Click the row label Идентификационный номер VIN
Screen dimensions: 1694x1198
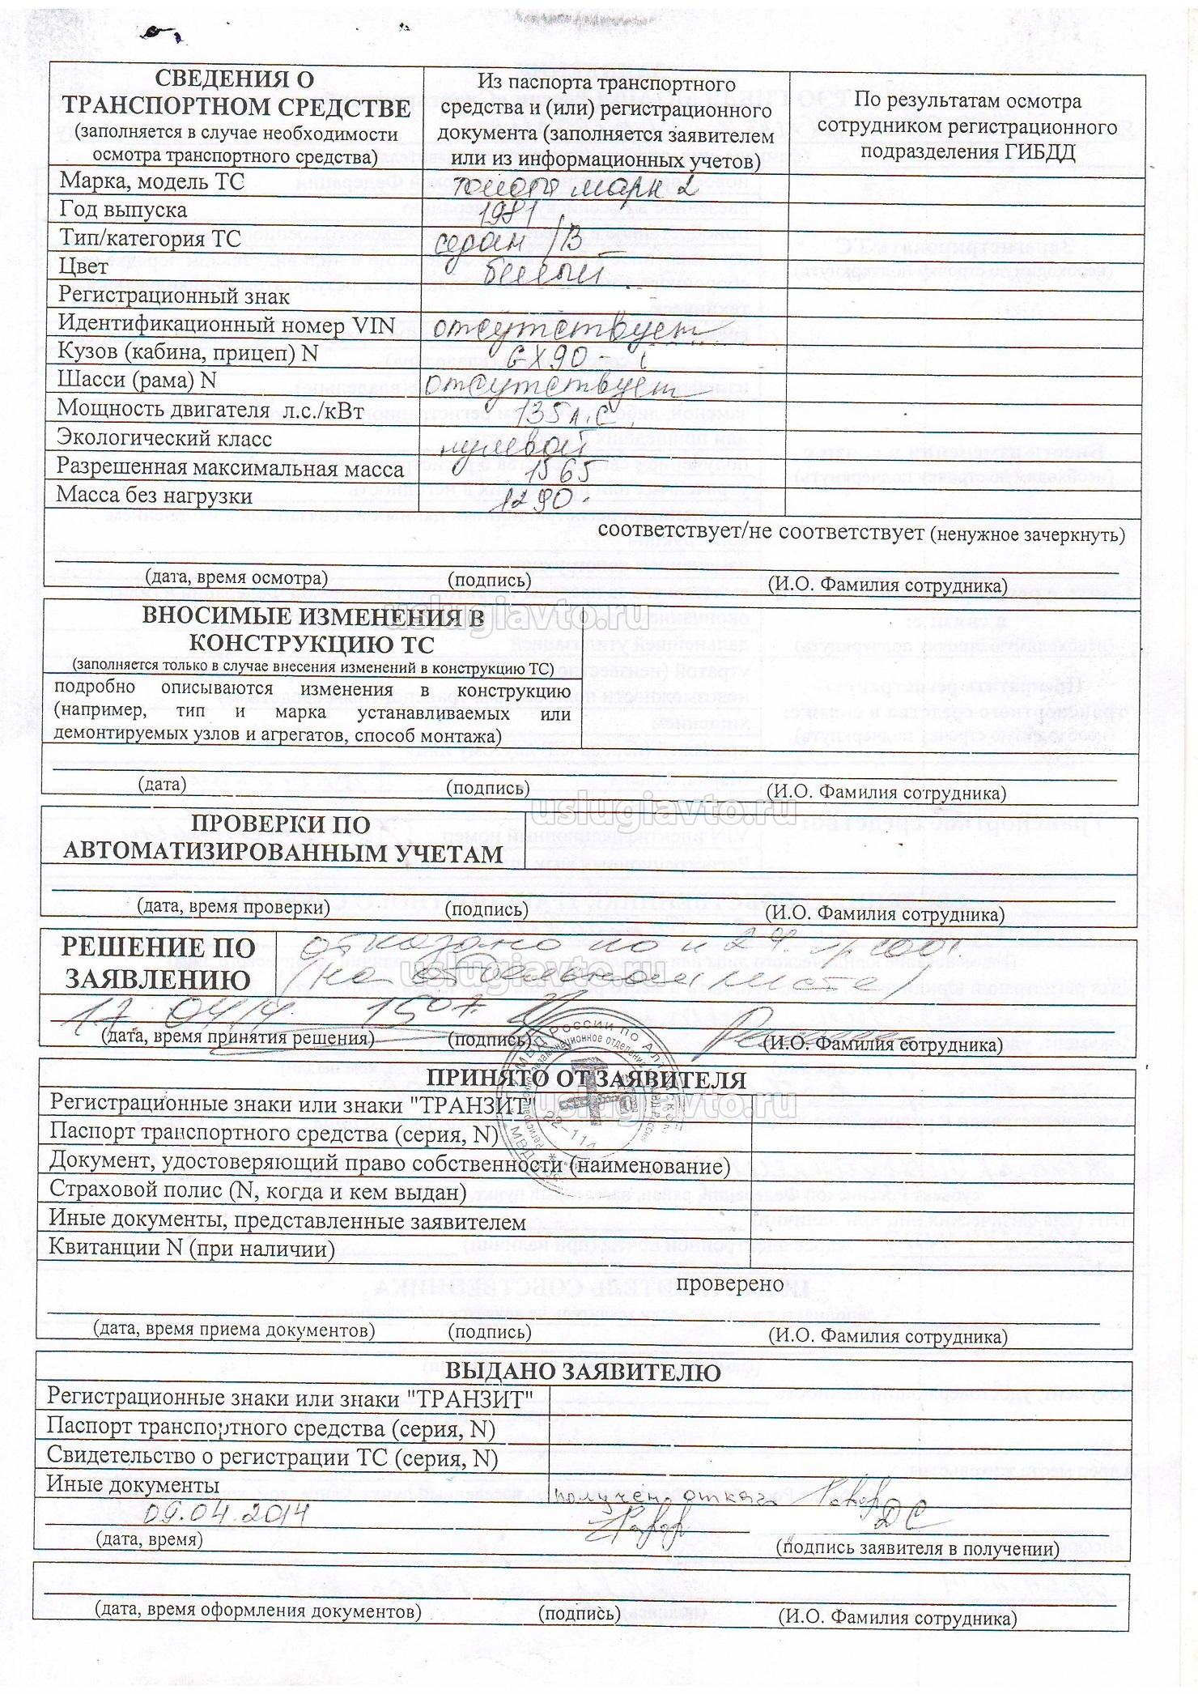click(x=226, y=325)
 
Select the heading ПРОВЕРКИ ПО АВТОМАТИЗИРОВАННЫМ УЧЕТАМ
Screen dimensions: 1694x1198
click(x=283, y=839)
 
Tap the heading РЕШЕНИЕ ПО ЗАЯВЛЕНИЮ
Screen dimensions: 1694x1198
click(x=159, y=964)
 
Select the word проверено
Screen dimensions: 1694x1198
click(x=730, y=1283)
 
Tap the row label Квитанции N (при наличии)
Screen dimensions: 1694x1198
click(x=192, y=1248)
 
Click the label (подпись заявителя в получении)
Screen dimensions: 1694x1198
click(x=917, y=1548)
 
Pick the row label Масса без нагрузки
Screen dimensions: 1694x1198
click(x=155, y=496)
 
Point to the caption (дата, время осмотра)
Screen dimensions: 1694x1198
click(x=236, y=578)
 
